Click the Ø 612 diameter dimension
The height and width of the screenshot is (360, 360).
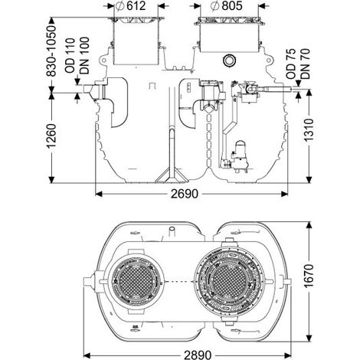tap(130, 6)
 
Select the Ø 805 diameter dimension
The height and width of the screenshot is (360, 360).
tap(227, 6)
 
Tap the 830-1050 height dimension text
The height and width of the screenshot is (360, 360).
tap(51, 51)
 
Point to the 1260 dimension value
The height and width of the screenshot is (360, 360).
tap(51, 136)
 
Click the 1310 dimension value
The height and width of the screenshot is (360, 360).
tap(309, 130)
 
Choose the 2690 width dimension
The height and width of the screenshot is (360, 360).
tap(185, 194)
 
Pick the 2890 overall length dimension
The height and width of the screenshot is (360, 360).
tap(198, 355)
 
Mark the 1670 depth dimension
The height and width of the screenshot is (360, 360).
tap(309, 277)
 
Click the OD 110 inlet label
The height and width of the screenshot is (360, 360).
tap(70, 56)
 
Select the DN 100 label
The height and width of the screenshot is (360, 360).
tap(84, 56)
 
